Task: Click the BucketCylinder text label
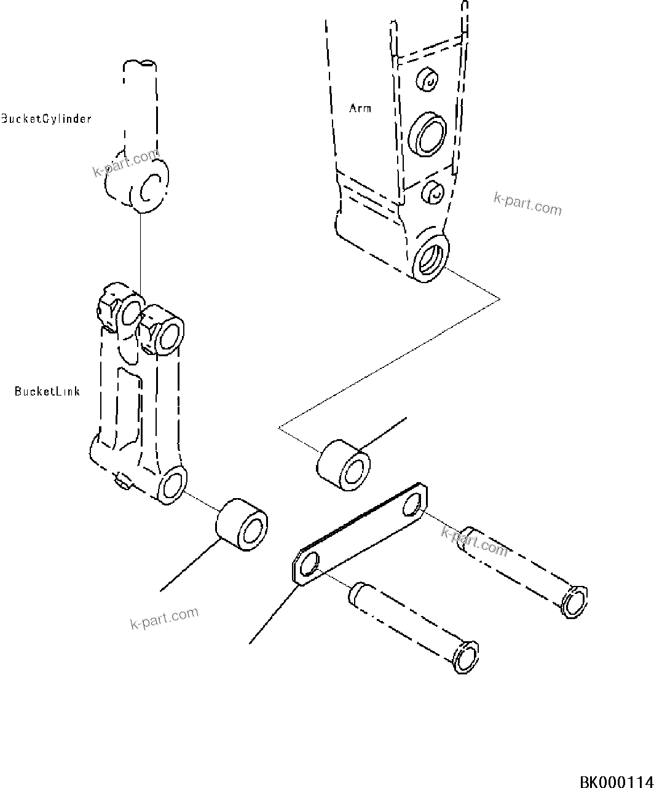[46, 119]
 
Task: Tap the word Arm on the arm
[360, 108]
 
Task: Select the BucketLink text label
[47, 391]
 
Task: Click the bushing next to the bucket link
[242, 525]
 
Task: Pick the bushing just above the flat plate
[344, 465]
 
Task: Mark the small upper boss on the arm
[428, 80]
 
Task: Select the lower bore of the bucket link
[171, 485]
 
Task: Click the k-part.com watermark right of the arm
[527, 204]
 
